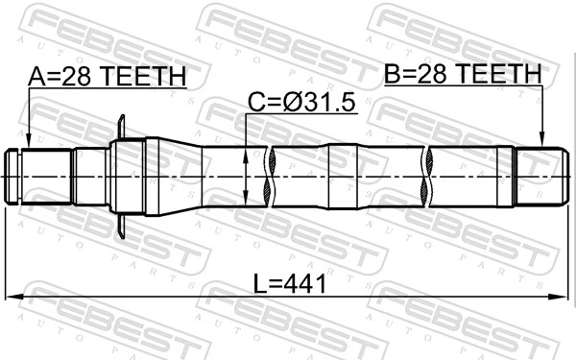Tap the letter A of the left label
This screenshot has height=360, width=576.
[x=36, y=77]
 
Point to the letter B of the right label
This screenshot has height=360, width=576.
[x=394, y=74]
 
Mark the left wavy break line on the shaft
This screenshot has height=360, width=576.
[x=274, y=176]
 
